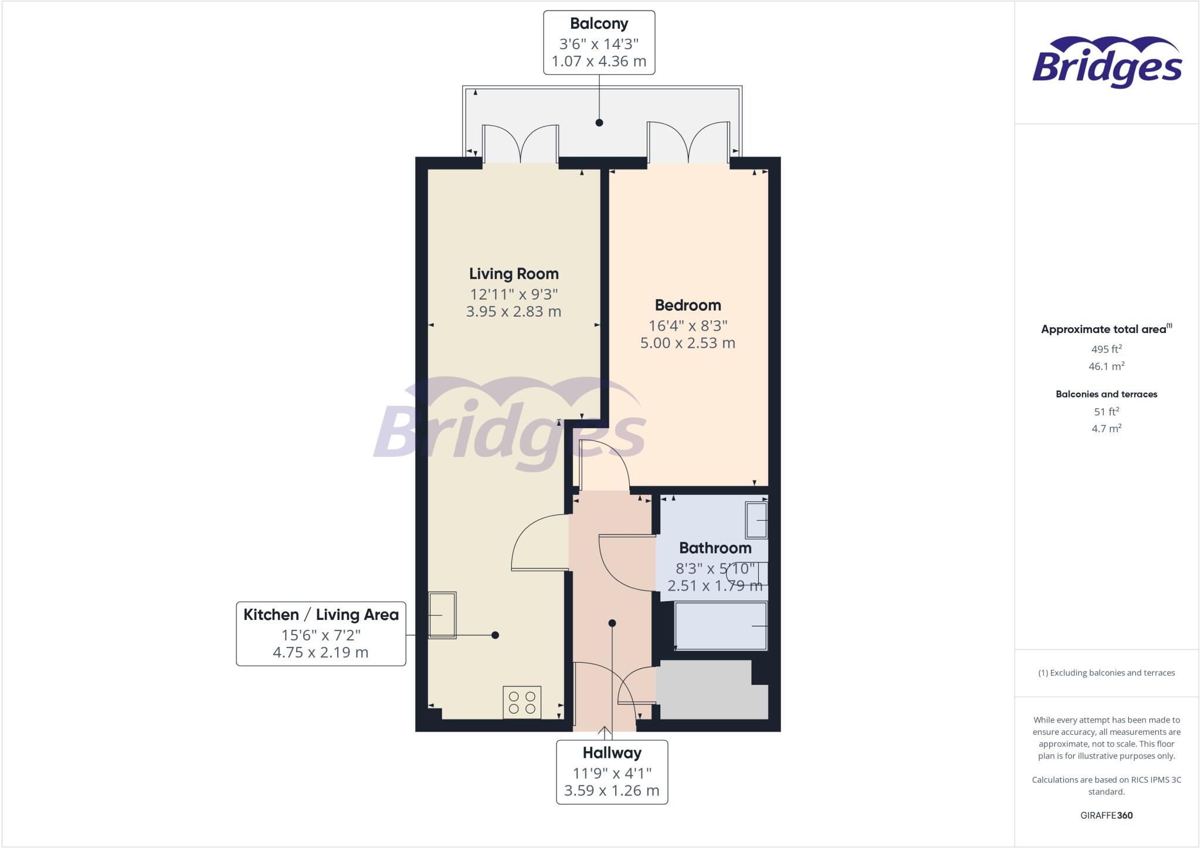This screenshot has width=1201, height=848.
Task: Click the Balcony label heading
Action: coord(599,24)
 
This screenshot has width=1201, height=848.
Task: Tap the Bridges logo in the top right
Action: coord(1107,63)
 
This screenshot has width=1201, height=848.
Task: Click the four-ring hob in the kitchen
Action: coord(522,702)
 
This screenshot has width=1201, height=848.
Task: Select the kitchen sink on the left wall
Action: coord(442,615)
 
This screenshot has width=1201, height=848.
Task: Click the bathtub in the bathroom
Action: coord(721,626)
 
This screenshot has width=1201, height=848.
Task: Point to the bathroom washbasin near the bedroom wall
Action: coord(756,520)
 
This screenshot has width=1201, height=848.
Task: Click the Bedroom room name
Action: coord(687,306)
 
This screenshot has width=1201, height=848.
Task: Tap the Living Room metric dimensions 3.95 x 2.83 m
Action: coord(513,312)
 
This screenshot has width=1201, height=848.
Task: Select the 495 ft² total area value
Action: coord(1106,350)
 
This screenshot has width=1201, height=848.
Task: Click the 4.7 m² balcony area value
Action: coord(1106,429)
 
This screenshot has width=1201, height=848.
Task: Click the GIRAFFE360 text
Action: coord(1106,815)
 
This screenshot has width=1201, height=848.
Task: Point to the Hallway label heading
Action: coord(612,753)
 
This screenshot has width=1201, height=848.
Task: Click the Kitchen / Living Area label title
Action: coord(321,615)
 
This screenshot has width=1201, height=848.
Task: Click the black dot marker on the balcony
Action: coord(599,123)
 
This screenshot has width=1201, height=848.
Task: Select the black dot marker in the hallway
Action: coord(612,623)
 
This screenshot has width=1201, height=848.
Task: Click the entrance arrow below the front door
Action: coord(605,732)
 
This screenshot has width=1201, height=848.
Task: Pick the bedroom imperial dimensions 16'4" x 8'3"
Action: coord(687,326)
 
